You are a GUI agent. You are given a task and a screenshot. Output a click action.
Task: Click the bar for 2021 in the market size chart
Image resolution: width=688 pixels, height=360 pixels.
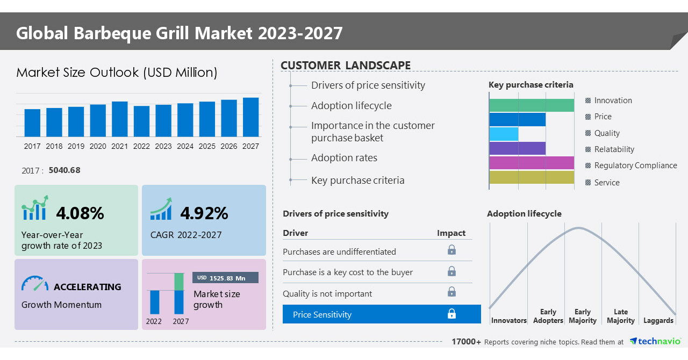point(120,119)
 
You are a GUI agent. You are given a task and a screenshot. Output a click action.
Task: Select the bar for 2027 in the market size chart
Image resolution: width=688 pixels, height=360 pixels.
point(250,117)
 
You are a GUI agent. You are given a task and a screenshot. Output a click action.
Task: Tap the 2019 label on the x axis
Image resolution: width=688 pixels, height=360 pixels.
point(76,146)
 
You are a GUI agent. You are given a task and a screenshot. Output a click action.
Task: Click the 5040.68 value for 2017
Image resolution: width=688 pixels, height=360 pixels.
point(64,170)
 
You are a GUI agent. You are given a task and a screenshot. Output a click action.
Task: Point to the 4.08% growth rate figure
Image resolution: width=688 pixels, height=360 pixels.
point(80,213)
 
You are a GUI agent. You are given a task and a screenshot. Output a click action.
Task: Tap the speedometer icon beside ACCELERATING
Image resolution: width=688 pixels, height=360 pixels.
point(35,284)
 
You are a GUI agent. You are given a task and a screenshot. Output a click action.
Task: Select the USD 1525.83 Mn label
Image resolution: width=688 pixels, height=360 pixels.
point(225,278)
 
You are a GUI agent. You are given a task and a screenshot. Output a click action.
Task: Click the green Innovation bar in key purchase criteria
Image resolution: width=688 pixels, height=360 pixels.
point(532,105)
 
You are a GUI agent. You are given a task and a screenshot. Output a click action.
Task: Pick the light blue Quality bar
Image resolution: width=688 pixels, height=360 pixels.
point(504,134)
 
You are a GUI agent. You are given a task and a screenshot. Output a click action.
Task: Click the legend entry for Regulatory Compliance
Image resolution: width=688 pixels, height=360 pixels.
point(635,165)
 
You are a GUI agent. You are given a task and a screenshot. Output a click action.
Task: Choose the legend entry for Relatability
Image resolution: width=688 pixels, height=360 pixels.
point(614,149)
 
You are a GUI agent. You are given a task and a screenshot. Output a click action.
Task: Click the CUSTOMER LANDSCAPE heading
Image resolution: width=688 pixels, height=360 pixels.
point(346,66)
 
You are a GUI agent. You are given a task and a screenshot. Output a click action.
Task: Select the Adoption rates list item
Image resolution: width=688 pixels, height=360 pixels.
point(344,158)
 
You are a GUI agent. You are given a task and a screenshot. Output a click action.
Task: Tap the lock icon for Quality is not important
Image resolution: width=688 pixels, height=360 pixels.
point(451,292)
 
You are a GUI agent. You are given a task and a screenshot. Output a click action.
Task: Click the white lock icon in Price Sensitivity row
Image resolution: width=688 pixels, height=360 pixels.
point(451,314)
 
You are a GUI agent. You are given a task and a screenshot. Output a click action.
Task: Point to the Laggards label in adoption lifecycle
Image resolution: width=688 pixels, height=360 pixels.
point(658,321)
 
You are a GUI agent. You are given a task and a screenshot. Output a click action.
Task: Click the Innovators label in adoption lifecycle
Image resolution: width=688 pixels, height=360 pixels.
point(508,321)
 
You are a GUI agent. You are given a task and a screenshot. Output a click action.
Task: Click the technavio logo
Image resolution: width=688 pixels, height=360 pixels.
point(655,342)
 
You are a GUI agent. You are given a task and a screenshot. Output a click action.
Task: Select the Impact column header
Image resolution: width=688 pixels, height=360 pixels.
point(451,233)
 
